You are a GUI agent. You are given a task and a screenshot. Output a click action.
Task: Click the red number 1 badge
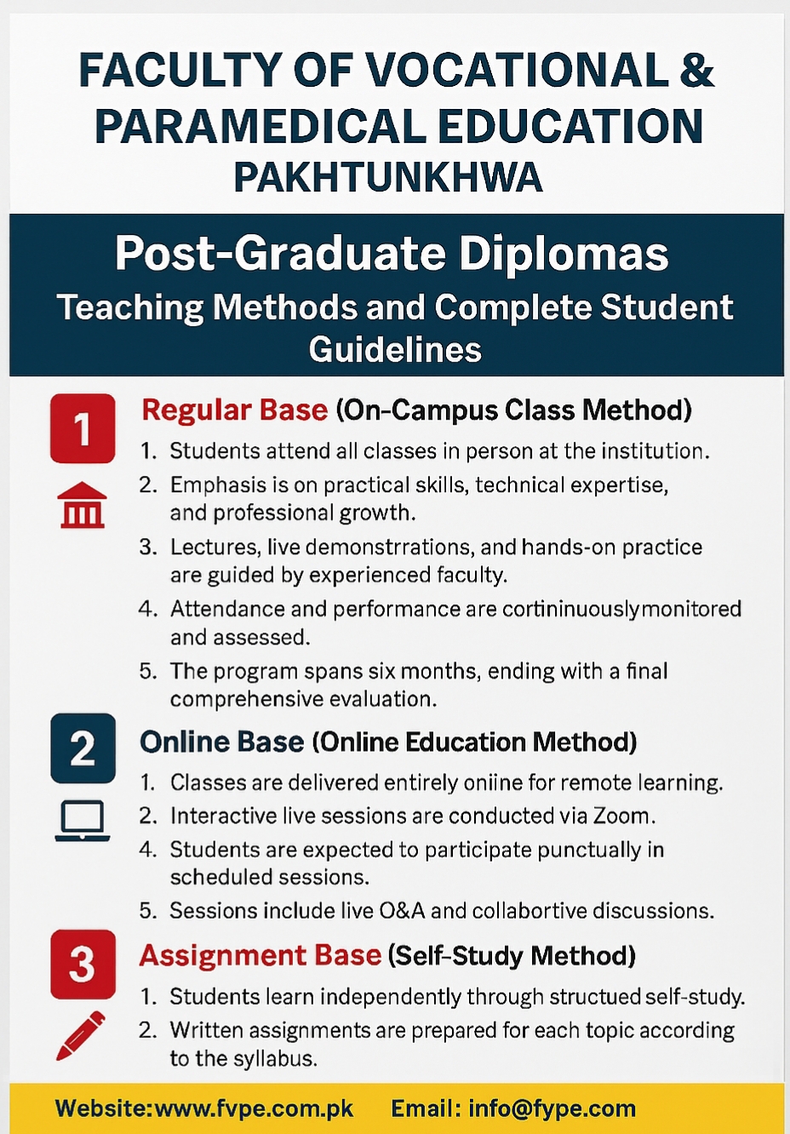(x=83, y=428)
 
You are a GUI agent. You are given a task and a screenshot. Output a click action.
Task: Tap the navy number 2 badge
(x=83, y=747)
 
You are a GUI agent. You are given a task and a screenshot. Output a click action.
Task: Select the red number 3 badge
(x=83, y=965)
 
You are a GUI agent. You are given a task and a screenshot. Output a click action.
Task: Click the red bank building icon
(x=83, y=506)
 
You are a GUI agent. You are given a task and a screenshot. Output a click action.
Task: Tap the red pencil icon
(x=81, y=1036)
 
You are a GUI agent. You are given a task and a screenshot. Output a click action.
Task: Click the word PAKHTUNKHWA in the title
(x=388, y=178)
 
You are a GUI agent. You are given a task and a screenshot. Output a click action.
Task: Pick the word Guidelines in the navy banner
(x=395, y=349)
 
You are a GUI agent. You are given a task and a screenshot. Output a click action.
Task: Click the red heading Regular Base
(x=235, y=410)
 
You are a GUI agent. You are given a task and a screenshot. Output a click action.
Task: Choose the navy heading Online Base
(x=222, y=742)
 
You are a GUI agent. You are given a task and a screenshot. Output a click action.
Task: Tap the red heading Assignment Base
(x=260, y=955)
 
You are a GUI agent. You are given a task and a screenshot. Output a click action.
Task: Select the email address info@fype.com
(x=552, y=1108)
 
